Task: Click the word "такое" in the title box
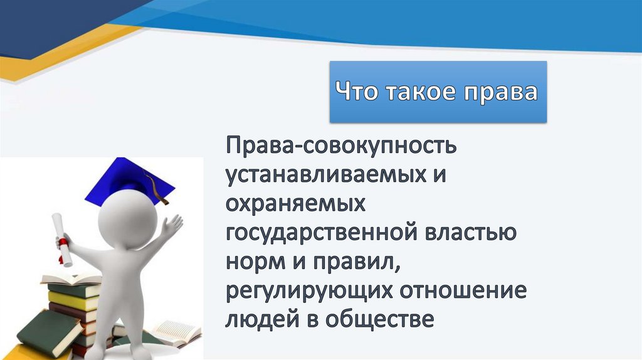point(422,92)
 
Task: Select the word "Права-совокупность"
point(342,147)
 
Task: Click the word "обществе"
point(382,319)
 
